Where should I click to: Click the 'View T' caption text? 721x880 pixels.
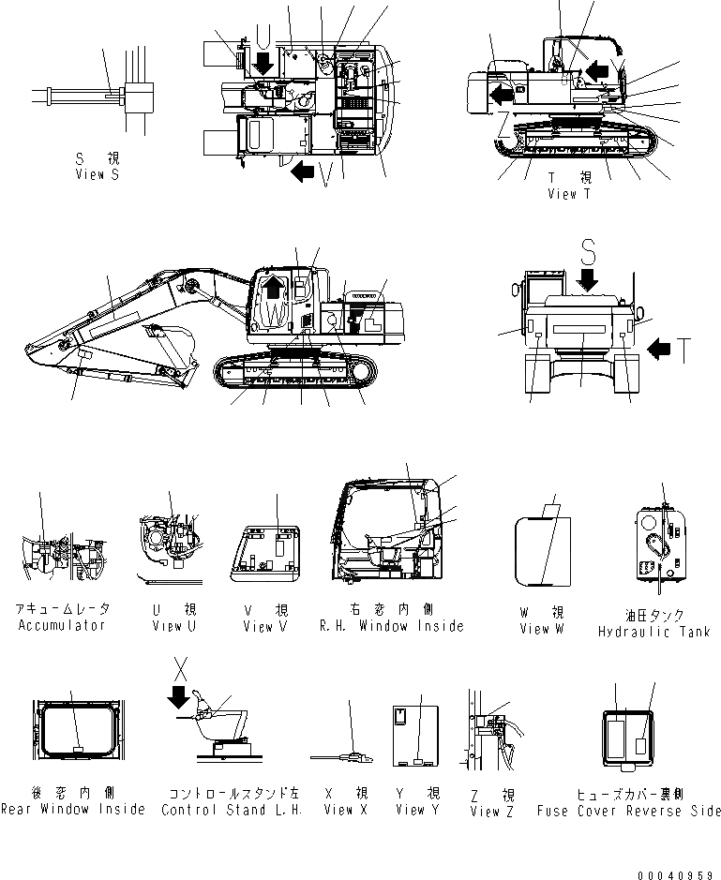click(x=569, y=194)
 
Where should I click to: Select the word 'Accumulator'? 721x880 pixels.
click(x=62, y=625)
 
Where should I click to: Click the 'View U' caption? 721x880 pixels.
click(x=174, y=626)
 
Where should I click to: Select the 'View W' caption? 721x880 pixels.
click(x=542, y=629)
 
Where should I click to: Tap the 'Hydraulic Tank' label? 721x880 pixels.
click(x=653, y=633)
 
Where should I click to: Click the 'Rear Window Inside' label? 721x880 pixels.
click(x=73, y=810)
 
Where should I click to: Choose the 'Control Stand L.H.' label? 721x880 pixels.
click(x=232, y=810)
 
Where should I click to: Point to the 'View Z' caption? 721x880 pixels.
click(x=491, y=812)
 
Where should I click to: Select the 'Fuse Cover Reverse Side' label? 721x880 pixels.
click(x=629, y=811)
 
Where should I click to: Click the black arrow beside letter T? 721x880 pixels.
click(x=659, y=350)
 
